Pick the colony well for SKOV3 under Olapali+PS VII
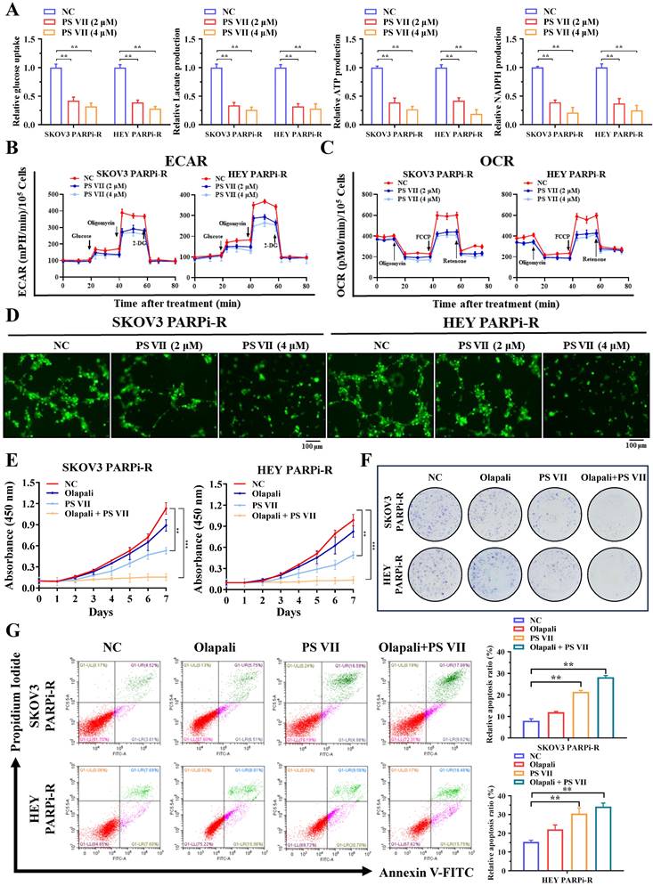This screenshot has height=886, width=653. point(610,520)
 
